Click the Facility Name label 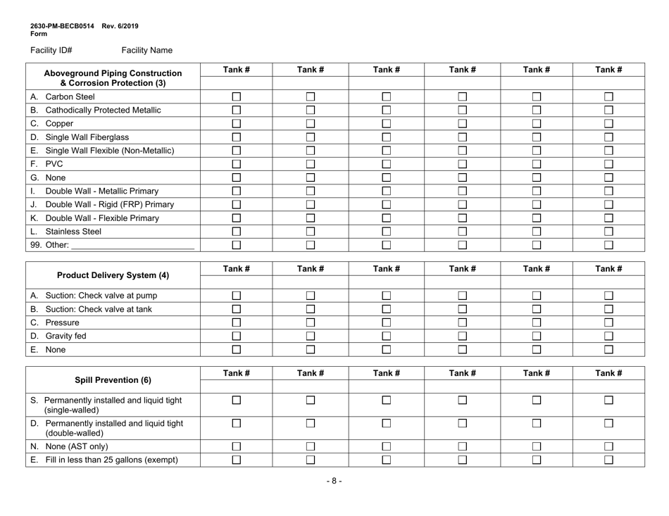pyautogui.click(x=146, y=51)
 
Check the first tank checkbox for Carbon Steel pyautogui.click(x=237, y=96)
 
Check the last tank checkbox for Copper pyautogui.click(x=609, y=123)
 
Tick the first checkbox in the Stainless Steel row pyautogui.click(x=237, y=231)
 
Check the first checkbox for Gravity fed pyautogui.click(x=237, y=336)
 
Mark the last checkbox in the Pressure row pyautogui.click(x=609, y=322)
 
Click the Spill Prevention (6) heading pyautogui.click(x=113, y=380)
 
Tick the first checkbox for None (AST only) pyautogui.click(x=237, y=446)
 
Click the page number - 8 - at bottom pyautogui.click(x=334, y=482)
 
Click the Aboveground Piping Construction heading pyautogui.click(x=113, y=72)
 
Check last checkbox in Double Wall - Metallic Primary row pyautogui.click(x=609, y=191)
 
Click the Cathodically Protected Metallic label pyautogui.click(x=103, y=110)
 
